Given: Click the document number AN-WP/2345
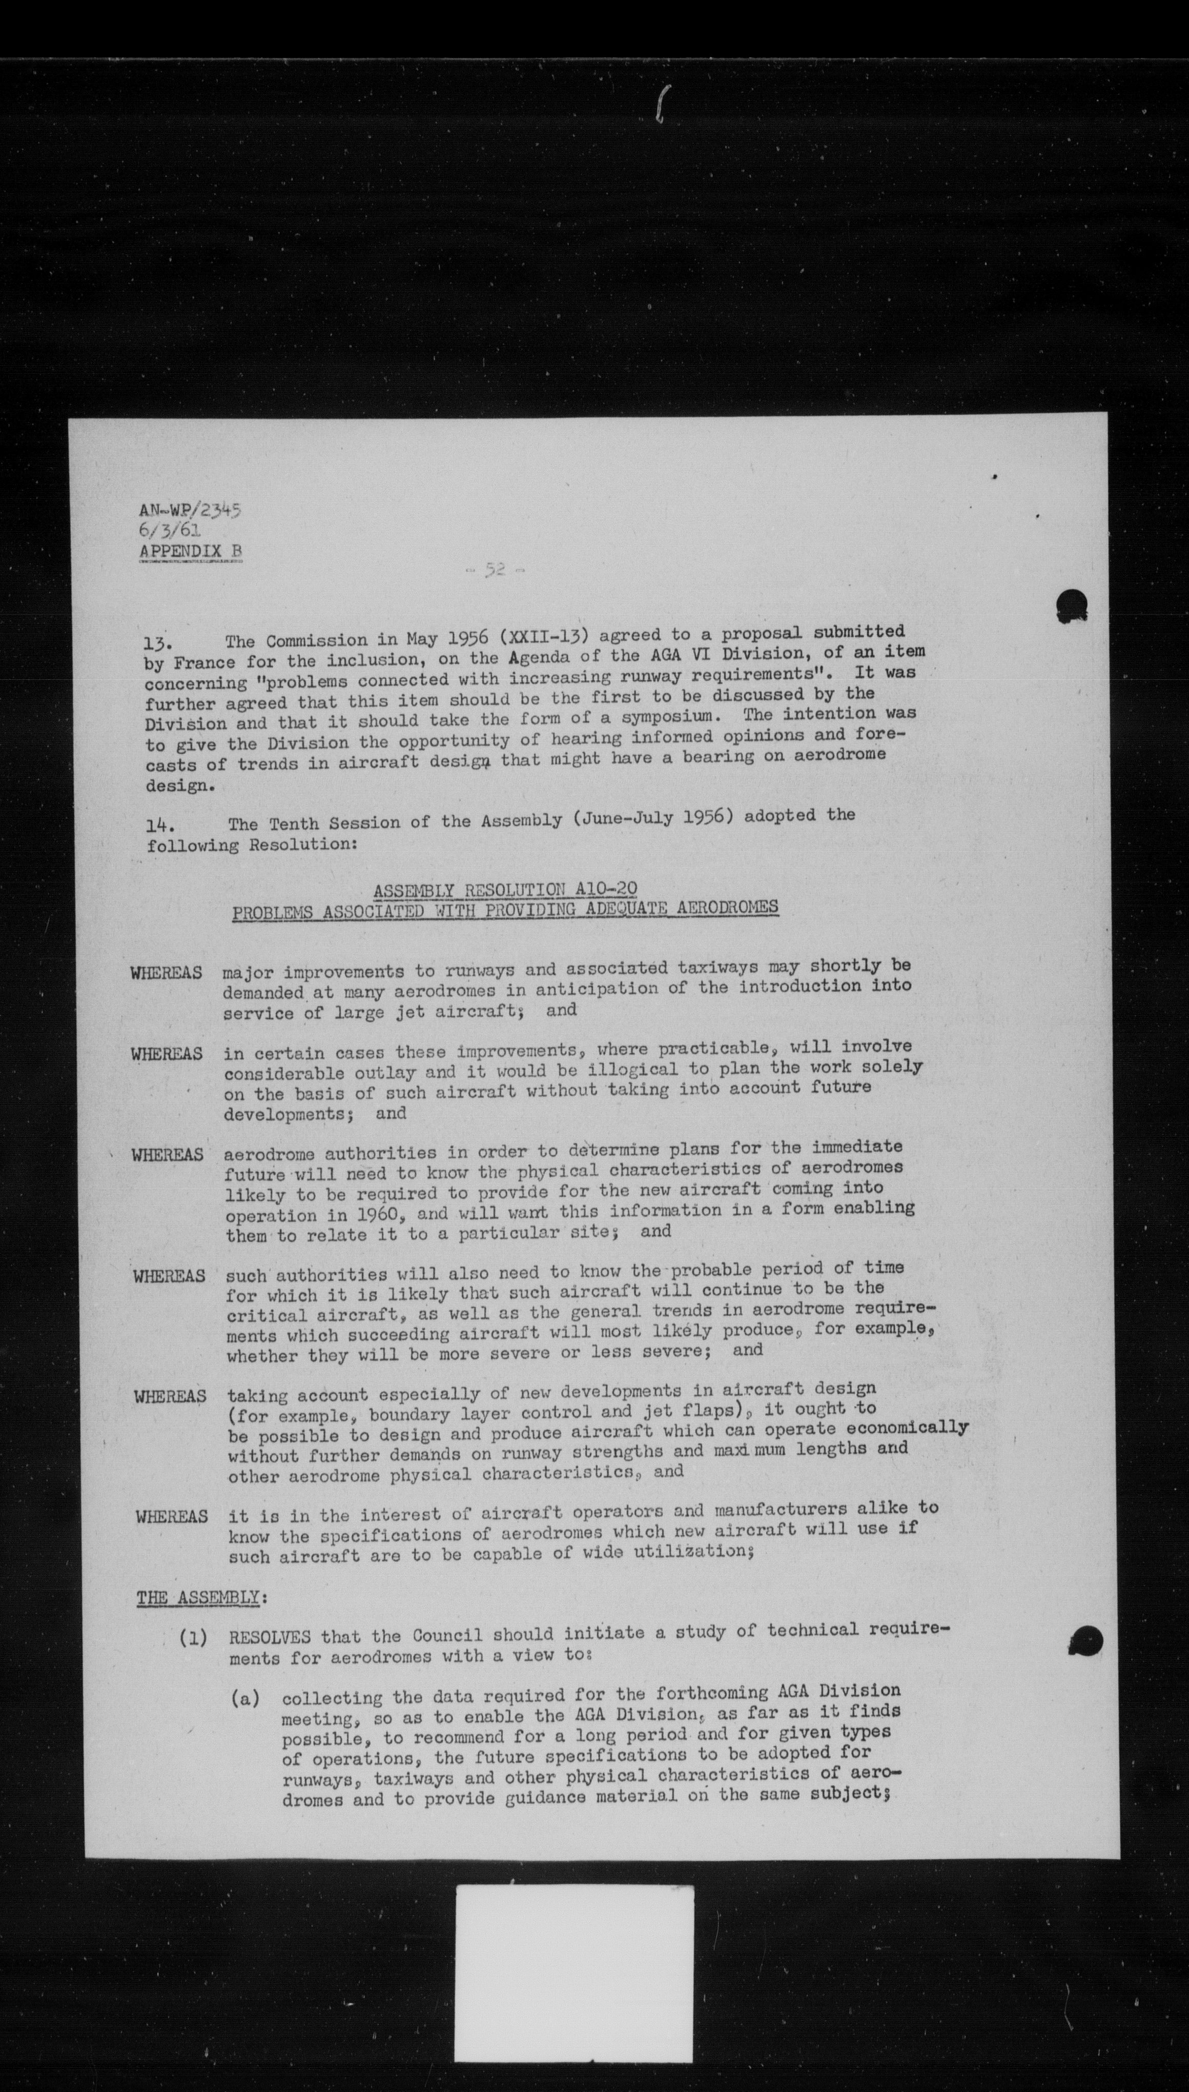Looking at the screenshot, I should pos(190,512).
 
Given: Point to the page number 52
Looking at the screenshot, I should pos(494,570).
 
